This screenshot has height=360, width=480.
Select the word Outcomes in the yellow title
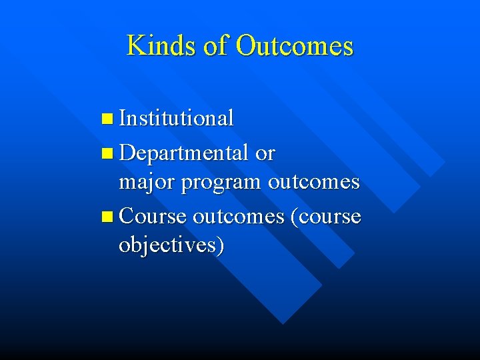[294, 46]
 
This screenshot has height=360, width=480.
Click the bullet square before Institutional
[109, 119]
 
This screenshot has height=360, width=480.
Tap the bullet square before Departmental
[109, 154]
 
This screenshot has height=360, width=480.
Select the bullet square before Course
[109, 217]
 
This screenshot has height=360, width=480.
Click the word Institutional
[177, 119]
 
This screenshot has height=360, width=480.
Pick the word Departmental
[185, 154]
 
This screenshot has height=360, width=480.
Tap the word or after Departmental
[265, 154]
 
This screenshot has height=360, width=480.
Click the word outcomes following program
[313, 182]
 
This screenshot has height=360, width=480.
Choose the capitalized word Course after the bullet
[154, 217]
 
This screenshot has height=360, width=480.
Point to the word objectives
[167, 245]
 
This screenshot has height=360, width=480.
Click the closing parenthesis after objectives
[220, 245]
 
